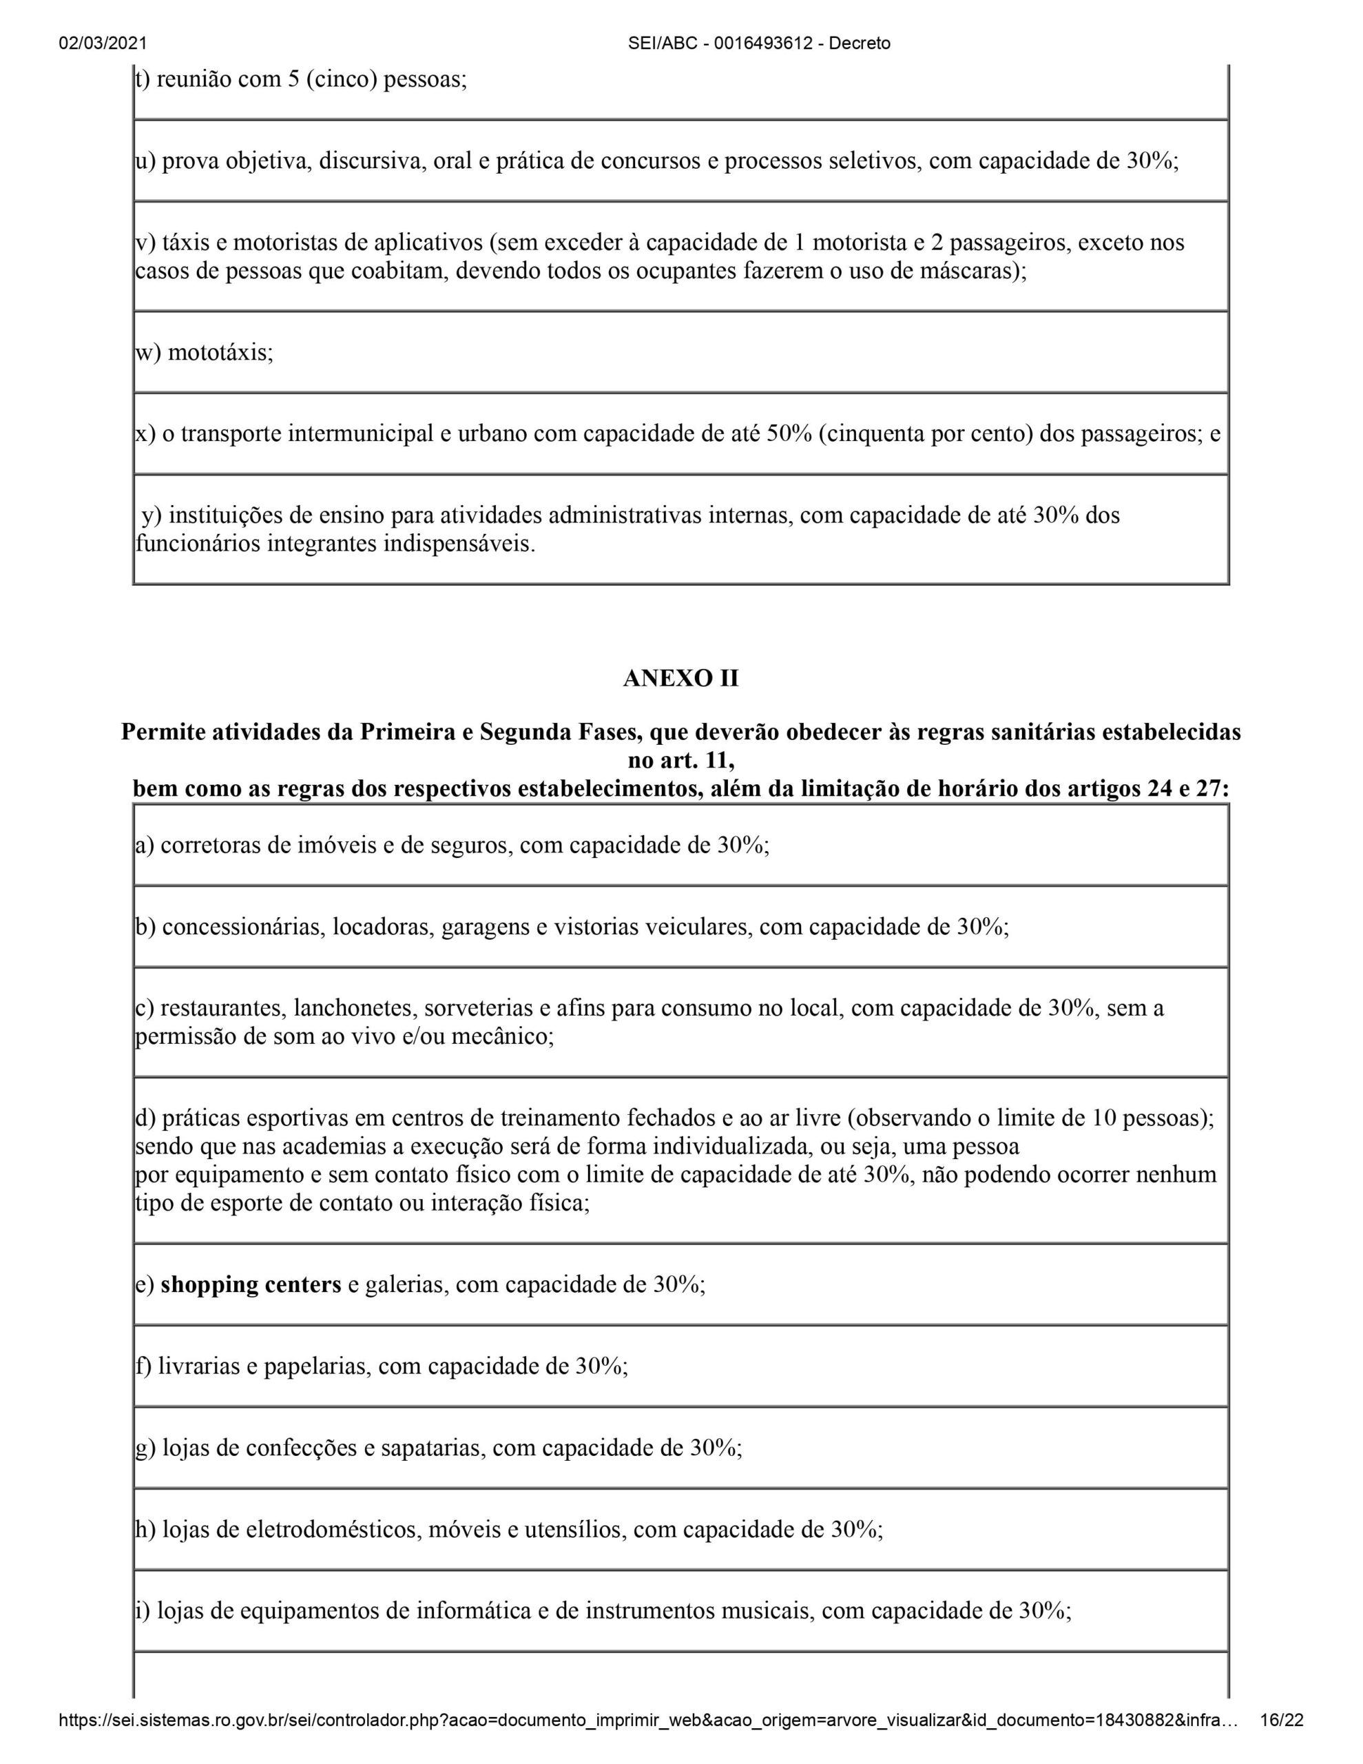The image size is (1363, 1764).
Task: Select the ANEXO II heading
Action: pyautogui.click(x=680, y=679)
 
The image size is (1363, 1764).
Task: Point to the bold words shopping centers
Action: pyautogui.click(x=251, y=1284)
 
